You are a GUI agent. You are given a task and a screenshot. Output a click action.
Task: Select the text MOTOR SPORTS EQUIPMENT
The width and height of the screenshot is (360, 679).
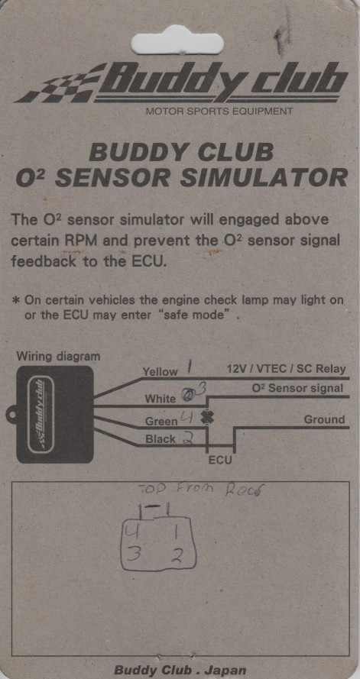click(219, 112)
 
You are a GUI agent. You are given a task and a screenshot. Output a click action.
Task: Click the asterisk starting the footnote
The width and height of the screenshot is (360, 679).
click(16, 300)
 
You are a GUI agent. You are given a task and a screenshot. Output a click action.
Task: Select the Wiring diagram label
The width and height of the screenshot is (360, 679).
click(58, 356)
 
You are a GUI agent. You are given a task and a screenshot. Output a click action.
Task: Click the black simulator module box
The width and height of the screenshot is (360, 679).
click(54, 415)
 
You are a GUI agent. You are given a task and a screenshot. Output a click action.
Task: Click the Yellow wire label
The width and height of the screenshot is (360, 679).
click(160, 372)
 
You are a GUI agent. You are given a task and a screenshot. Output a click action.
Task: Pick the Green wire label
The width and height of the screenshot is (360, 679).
click(161, 421)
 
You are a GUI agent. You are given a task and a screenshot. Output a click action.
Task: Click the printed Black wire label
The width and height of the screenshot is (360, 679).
click(160, 440)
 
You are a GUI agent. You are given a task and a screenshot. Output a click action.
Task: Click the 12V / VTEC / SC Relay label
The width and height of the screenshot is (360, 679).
click(285, 369)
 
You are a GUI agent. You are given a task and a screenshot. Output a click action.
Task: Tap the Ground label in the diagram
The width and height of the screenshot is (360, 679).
click(324, 419)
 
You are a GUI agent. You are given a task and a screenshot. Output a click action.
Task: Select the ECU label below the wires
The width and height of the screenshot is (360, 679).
click(220, 461)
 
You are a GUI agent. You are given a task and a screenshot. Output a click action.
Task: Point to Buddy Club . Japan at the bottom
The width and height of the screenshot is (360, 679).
click(180, 670)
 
